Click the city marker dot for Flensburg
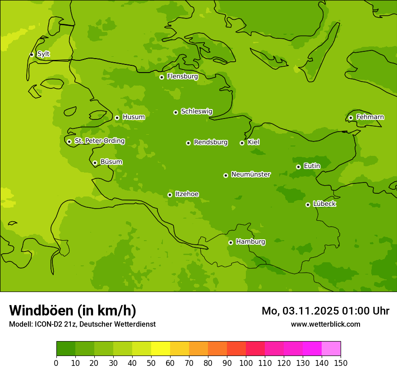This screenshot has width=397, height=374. [162, 77]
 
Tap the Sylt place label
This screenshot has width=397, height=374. [43, 54]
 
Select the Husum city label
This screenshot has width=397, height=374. [134, 117]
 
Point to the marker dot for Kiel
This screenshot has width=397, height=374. [242, 143]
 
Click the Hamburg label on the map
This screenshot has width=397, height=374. [250, 242]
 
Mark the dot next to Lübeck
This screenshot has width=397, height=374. [308, 205]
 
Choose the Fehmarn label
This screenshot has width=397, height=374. [370, 117]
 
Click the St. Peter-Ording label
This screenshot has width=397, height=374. [99, 141]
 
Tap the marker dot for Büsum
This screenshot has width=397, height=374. [95, 163]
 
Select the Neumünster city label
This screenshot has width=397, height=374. [251, 174]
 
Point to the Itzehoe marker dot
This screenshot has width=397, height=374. [170, 195]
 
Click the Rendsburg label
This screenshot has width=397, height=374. [211, 142]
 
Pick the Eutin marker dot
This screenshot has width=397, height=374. [298, 167]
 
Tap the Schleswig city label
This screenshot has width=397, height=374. [196, 111]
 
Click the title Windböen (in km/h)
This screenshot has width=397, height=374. [73, 310]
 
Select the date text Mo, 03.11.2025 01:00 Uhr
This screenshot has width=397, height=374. [325, 311]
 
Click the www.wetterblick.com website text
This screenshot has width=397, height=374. [325, 324]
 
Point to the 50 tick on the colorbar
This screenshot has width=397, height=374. [151, 363]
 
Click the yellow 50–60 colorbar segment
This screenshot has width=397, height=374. [161, 348]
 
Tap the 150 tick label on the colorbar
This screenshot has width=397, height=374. [341, 363]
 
